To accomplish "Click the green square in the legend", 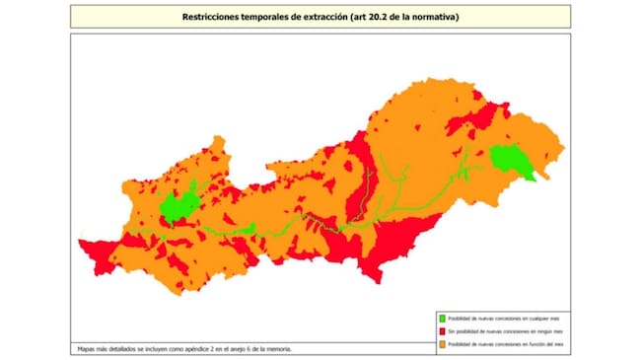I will [442, 319].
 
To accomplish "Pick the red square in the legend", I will [442, 332].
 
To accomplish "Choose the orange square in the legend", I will [442, 345].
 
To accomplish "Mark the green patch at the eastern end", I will [509, 160].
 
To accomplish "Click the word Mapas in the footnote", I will [87, 348].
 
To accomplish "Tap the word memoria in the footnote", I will [279, 348].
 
